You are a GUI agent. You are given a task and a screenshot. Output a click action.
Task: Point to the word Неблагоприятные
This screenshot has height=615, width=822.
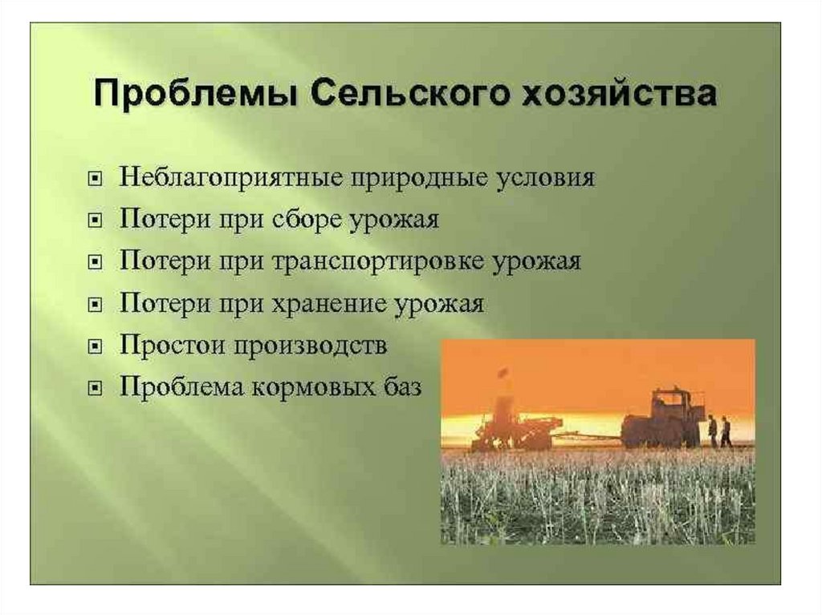(x=230, y=178)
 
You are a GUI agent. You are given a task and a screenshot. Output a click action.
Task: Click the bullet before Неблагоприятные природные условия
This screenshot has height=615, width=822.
(x=95, y=180)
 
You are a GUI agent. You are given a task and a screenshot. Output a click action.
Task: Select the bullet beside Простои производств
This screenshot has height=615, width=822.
(x=95, y=346)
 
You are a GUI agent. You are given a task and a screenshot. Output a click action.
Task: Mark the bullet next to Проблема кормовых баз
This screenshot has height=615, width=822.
(x=95, y=388)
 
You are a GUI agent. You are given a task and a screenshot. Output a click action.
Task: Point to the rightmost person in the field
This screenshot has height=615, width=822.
(x=725, y=431)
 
